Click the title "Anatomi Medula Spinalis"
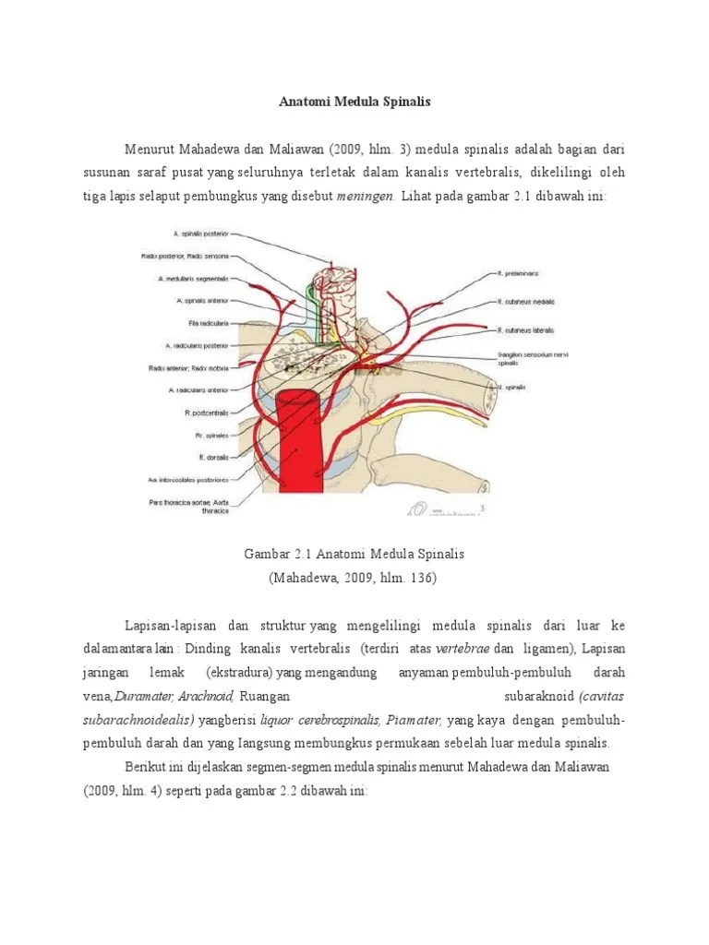click(x=354, y=102)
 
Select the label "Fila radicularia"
click(x=208, y=323)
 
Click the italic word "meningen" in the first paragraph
click(x=366, y=197)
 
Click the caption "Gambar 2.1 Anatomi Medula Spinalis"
click(x=354, y=554)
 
